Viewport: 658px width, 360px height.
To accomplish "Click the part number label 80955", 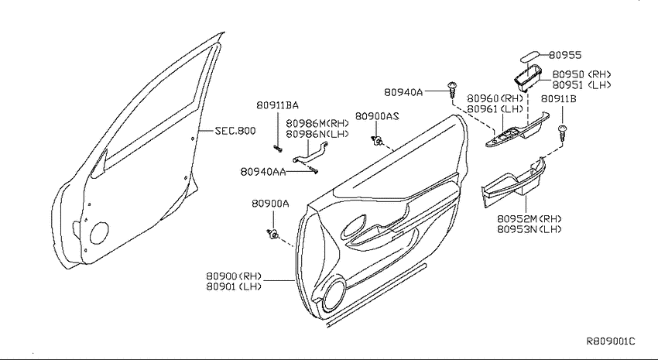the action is (565, 55).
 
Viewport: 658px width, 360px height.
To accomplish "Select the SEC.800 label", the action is (235, 131).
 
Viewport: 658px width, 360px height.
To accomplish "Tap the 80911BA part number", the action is (277, 105).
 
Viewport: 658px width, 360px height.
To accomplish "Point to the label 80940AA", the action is (263, 172).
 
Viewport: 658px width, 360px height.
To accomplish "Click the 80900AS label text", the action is (377, 116).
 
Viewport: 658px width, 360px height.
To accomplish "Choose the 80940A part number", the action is (403, 92).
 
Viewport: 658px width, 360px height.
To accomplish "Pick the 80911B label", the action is (558, 98).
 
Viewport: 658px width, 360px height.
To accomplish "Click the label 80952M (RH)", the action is (529, 218).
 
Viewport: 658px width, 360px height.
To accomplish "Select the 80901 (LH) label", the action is (234, 286).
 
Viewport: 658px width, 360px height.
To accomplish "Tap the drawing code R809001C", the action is (611, 341).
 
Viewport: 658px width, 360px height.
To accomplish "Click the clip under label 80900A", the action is (273, 234).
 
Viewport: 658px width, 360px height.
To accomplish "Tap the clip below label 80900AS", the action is (376, 141).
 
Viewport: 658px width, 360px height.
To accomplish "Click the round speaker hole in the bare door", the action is (99, 233).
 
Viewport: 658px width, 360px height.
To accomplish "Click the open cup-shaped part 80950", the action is (528, 77).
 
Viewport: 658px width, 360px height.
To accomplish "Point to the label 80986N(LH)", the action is (317, 134).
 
